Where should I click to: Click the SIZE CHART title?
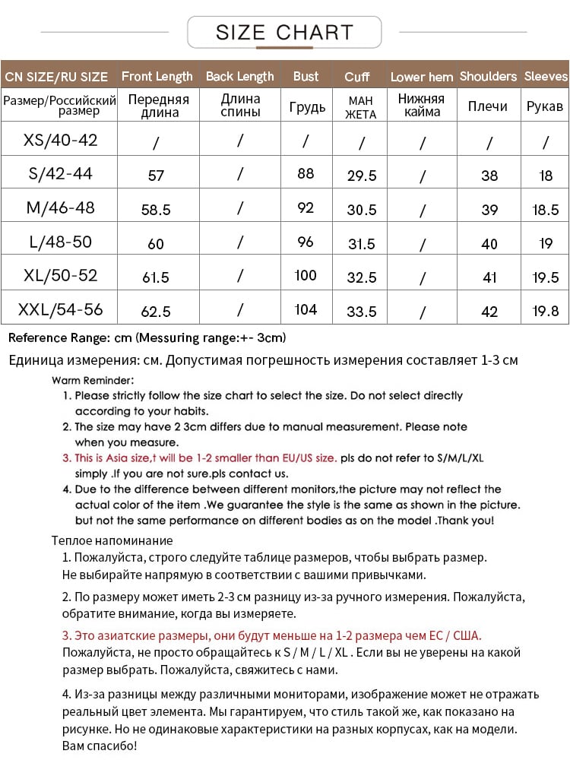click(x=284, y=32)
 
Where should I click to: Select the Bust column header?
click(x=306, y=76)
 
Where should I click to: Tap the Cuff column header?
click(x=357, y=77)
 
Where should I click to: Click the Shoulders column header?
click(x=488, y=76)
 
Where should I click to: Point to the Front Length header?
click(x=157, y=76)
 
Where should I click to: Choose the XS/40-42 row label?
click(x=61, y=140)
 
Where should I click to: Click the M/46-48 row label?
click(x=61, y=207)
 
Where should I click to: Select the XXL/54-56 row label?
click(x=61, y=309)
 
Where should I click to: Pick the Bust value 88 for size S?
click(x=306, y=174)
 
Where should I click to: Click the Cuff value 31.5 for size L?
click(x=361, y=244)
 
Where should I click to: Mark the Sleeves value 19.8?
click(x=546, y=312)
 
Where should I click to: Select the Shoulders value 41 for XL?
click(x=489, y=277)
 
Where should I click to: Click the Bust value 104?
click(x=306, y=309)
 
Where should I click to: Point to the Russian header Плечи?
click(x=488, y=106)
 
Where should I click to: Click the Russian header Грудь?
click(x=307, y=106)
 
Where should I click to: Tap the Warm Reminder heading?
click(x=93, y=380)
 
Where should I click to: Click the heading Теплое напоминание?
click(x=112, y=541)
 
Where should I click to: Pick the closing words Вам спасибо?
click(x=99, y=746)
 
